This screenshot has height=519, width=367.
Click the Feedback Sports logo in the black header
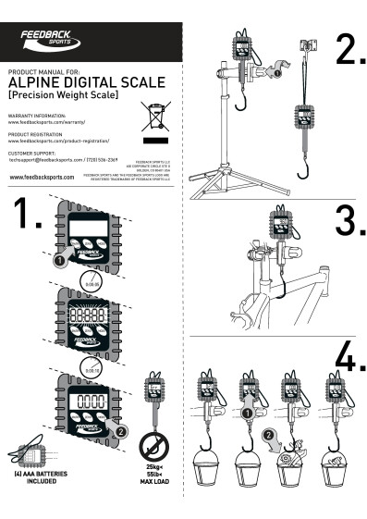(x=51, y=39)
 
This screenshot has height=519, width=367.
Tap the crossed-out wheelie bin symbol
(x=153, y=117)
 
